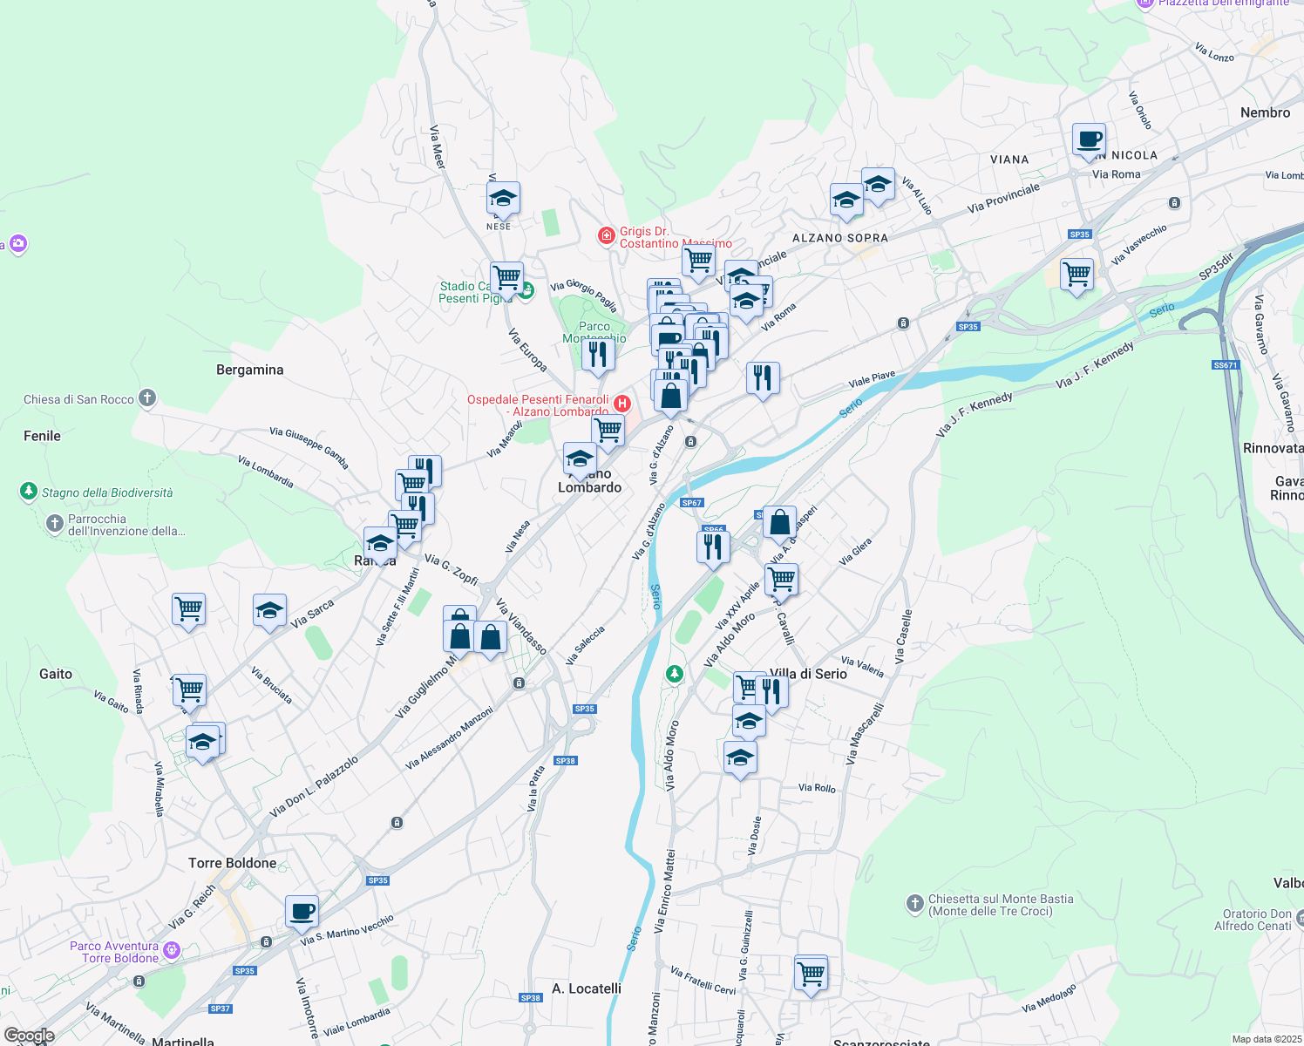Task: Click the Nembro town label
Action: click(1265, 112)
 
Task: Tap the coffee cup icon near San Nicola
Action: click(1089, 139)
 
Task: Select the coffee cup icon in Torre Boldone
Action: click(302, 912)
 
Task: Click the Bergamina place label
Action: click(249, 370)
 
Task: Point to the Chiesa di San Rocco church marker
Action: click(147, 398)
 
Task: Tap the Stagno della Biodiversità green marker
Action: click(28, 492)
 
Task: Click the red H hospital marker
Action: click(622, 404)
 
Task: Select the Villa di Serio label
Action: click(809, 674)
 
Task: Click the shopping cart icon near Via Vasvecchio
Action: click(1076, 275)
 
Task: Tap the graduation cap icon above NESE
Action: click(503, 199)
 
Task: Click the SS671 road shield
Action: click(1225, 365)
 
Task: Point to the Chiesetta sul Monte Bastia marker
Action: click(914, 903)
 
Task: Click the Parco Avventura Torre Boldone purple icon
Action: click(172, 951)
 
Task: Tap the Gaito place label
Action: click(56, 674)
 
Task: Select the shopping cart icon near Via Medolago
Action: click(811, 972)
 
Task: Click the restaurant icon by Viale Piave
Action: click(763, 378)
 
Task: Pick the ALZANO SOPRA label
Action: click(839, 238)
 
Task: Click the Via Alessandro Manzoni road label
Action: click(449, 738)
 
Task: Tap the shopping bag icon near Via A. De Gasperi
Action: click(779, 522)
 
